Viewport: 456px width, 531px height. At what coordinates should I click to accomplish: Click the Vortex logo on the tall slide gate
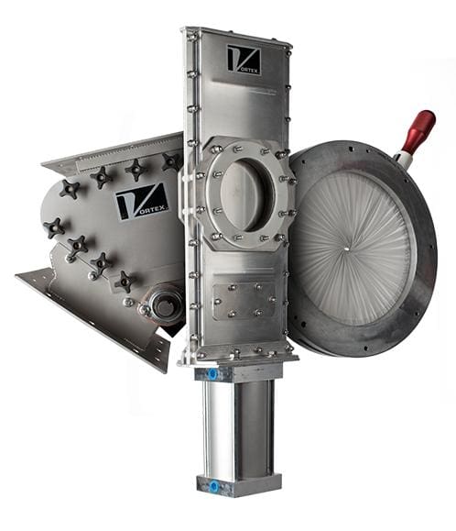pos(244,60)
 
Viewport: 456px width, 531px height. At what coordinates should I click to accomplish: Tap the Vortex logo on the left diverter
pos(141,201)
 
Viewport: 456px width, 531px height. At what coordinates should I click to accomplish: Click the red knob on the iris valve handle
pos(421,130)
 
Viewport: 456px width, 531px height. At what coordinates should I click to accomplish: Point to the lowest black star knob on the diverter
pos(124,281)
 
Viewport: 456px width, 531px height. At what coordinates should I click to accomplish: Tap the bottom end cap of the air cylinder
pos(235,486)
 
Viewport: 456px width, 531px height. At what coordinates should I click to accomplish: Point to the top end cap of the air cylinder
pos(235,372)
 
